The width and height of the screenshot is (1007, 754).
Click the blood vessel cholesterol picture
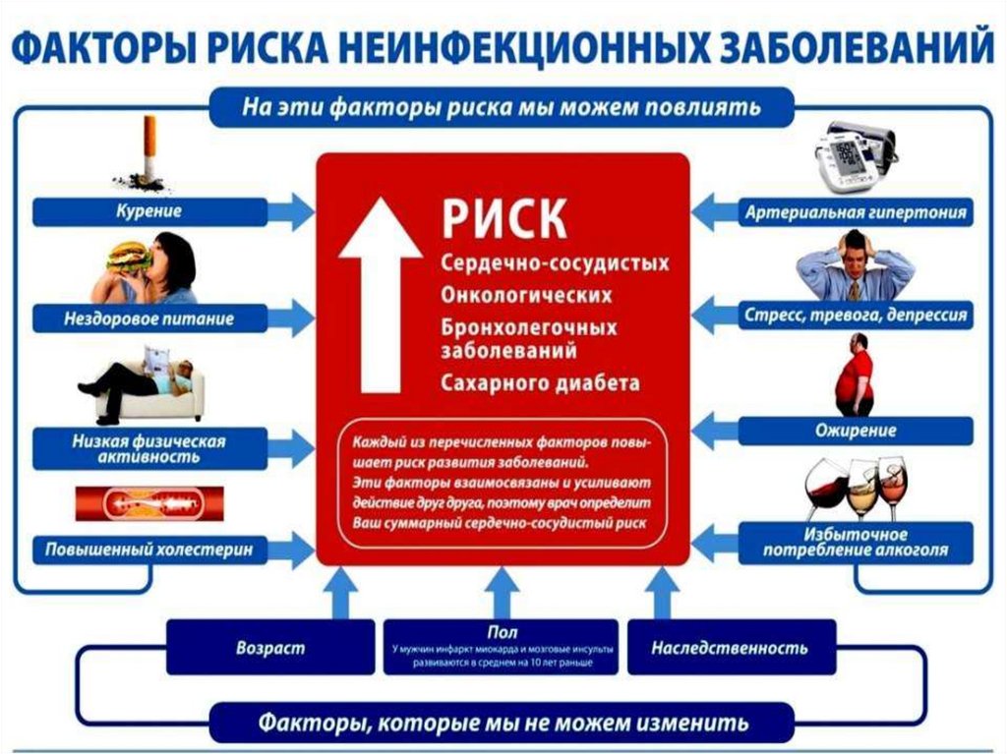click(148, 503)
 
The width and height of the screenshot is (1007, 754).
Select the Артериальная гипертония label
click(857, 211)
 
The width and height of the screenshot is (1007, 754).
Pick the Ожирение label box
click(856, 431)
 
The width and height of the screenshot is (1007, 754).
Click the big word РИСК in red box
click(503, 218)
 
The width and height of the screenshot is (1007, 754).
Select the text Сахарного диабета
click(540, 382)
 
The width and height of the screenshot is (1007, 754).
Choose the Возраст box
click(270, 648)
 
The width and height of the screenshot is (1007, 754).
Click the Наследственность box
click(731, 648)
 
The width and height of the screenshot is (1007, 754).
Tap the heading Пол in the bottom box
click(502, 633)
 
